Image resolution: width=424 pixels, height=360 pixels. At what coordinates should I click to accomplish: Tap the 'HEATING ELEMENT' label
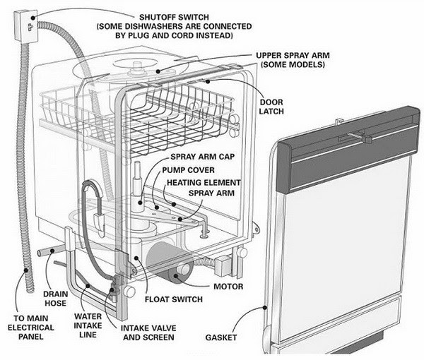pos(201,182)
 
